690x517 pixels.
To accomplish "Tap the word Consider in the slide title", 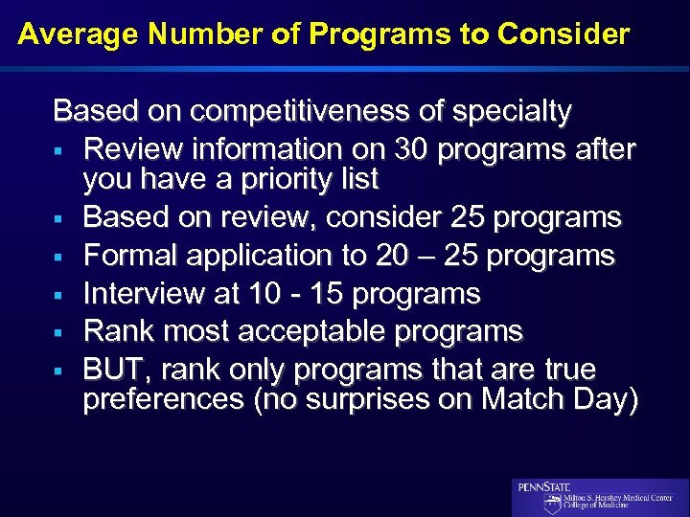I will [563, 34].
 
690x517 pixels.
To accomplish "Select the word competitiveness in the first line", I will [303, 112].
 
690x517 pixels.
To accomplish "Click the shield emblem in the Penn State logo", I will [552, 504].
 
